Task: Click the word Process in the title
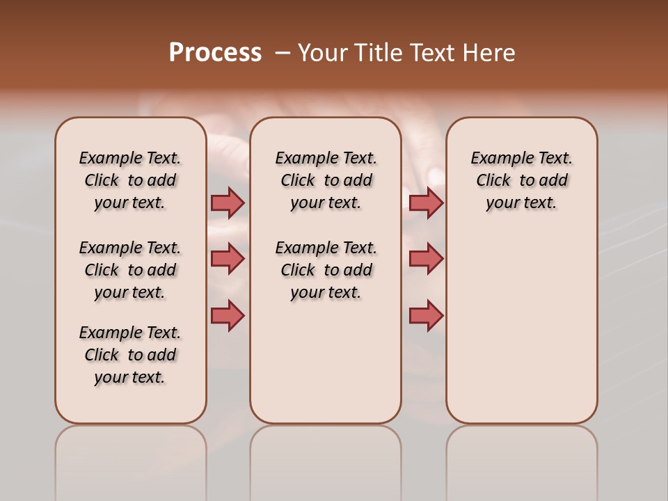coord(215,53)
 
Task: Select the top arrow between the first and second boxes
coord(228,202)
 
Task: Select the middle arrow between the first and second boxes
coord(228,259)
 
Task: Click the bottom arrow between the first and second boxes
coord(228,315)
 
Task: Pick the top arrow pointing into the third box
coord(426,202)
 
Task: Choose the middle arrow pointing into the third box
coord(426,259)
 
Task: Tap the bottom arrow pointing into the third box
coord(426,315)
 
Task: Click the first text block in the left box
coord(130,180)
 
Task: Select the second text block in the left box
coord(130,270)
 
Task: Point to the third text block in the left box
coord(130,355)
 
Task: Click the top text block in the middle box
coord(326,180)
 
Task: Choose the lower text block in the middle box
coord(326,270)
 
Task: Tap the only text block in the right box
coord(521,180)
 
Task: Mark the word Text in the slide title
coord(435,53)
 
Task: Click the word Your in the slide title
coord(321,53)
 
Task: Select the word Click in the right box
coord(493,181)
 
